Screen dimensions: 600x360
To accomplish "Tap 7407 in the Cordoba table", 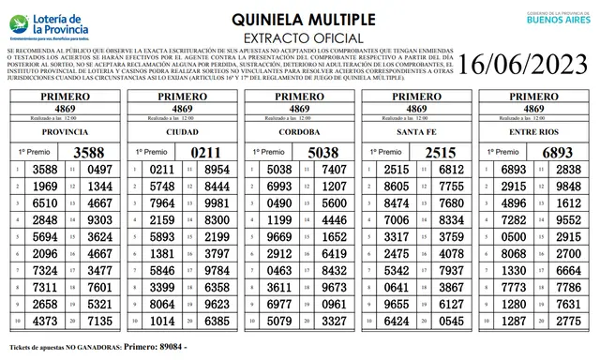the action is pyautogui.click(x=334, y=170).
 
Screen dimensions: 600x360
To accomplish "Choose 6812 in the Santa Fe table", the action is pyautogui.click(x=451, y=170).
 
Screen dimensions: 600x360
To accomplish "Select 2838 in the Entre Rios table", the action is pyautogui.click(x=568, y=170).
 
